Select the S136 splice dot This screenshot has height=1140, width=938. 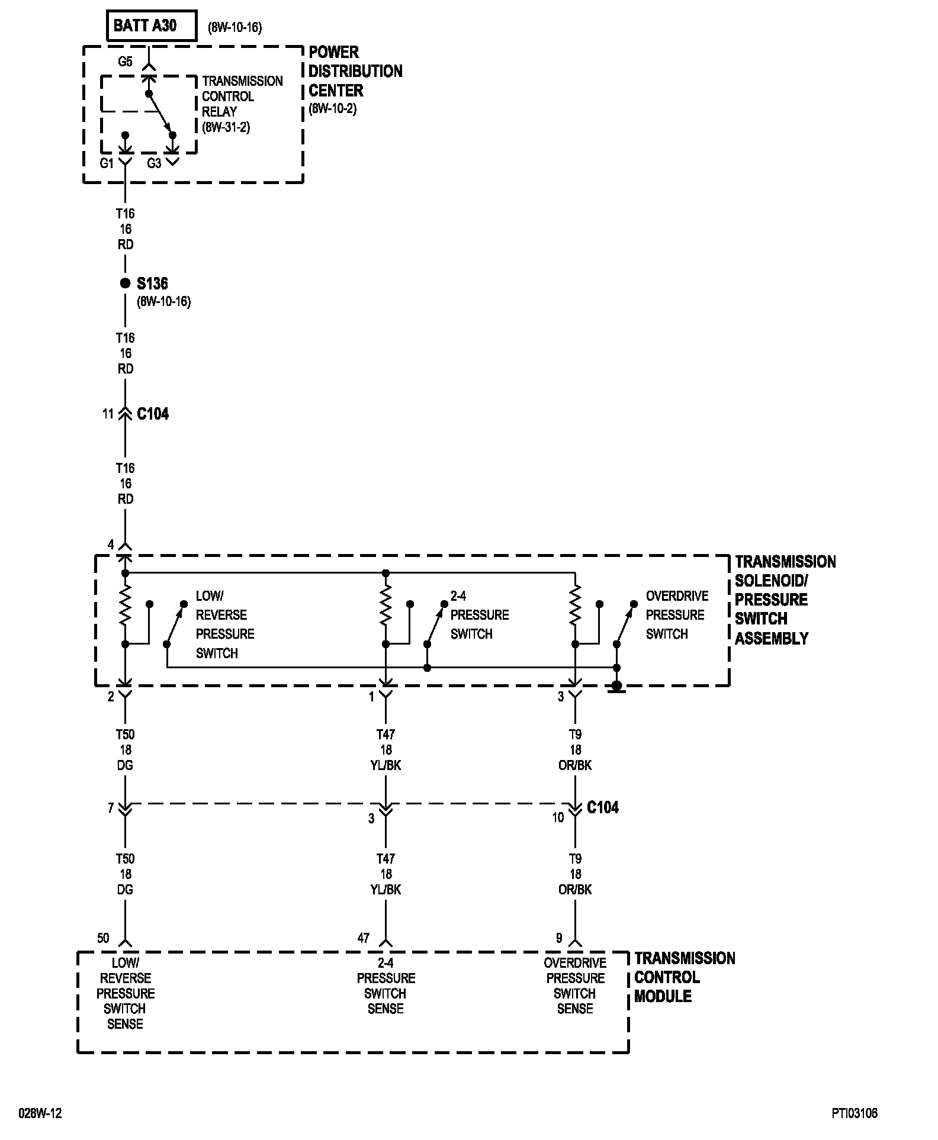(125, 284)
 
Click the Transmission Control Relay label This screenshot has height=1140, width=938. (242, 104)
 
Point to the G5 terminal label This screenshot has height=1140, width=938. (125, 62)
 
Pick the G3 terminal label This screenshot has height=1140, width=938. (154, 163)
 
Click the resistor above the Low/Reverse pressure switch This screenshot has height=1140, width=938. (125, 605)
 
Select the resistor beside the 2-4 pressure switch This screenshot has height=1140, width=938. (386, 605)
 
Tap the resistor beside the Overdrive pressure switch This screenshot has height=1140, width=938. (575, 605)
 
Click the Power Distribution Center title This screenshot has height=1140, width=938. (355, 71)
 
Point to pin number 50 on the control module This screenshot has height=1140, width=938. (103, 938)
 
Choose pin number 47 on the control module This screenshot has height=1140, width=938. (363, 938)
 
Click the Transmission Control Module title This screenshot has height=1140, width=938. (684, 977)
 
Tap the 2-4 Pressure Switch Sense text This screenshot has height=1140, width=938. (386, 986)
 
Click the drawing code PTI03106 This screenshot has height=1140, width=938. (853, 1113)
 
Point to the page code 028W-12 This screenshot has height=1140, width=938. (40, 1113)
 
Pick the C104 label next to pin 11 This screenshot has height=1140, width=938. (153, 414)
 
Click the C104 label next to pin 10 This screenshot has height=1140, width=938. (602, 807)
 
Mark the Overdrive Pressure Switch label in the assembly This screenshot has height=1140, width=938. (676, 614)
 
